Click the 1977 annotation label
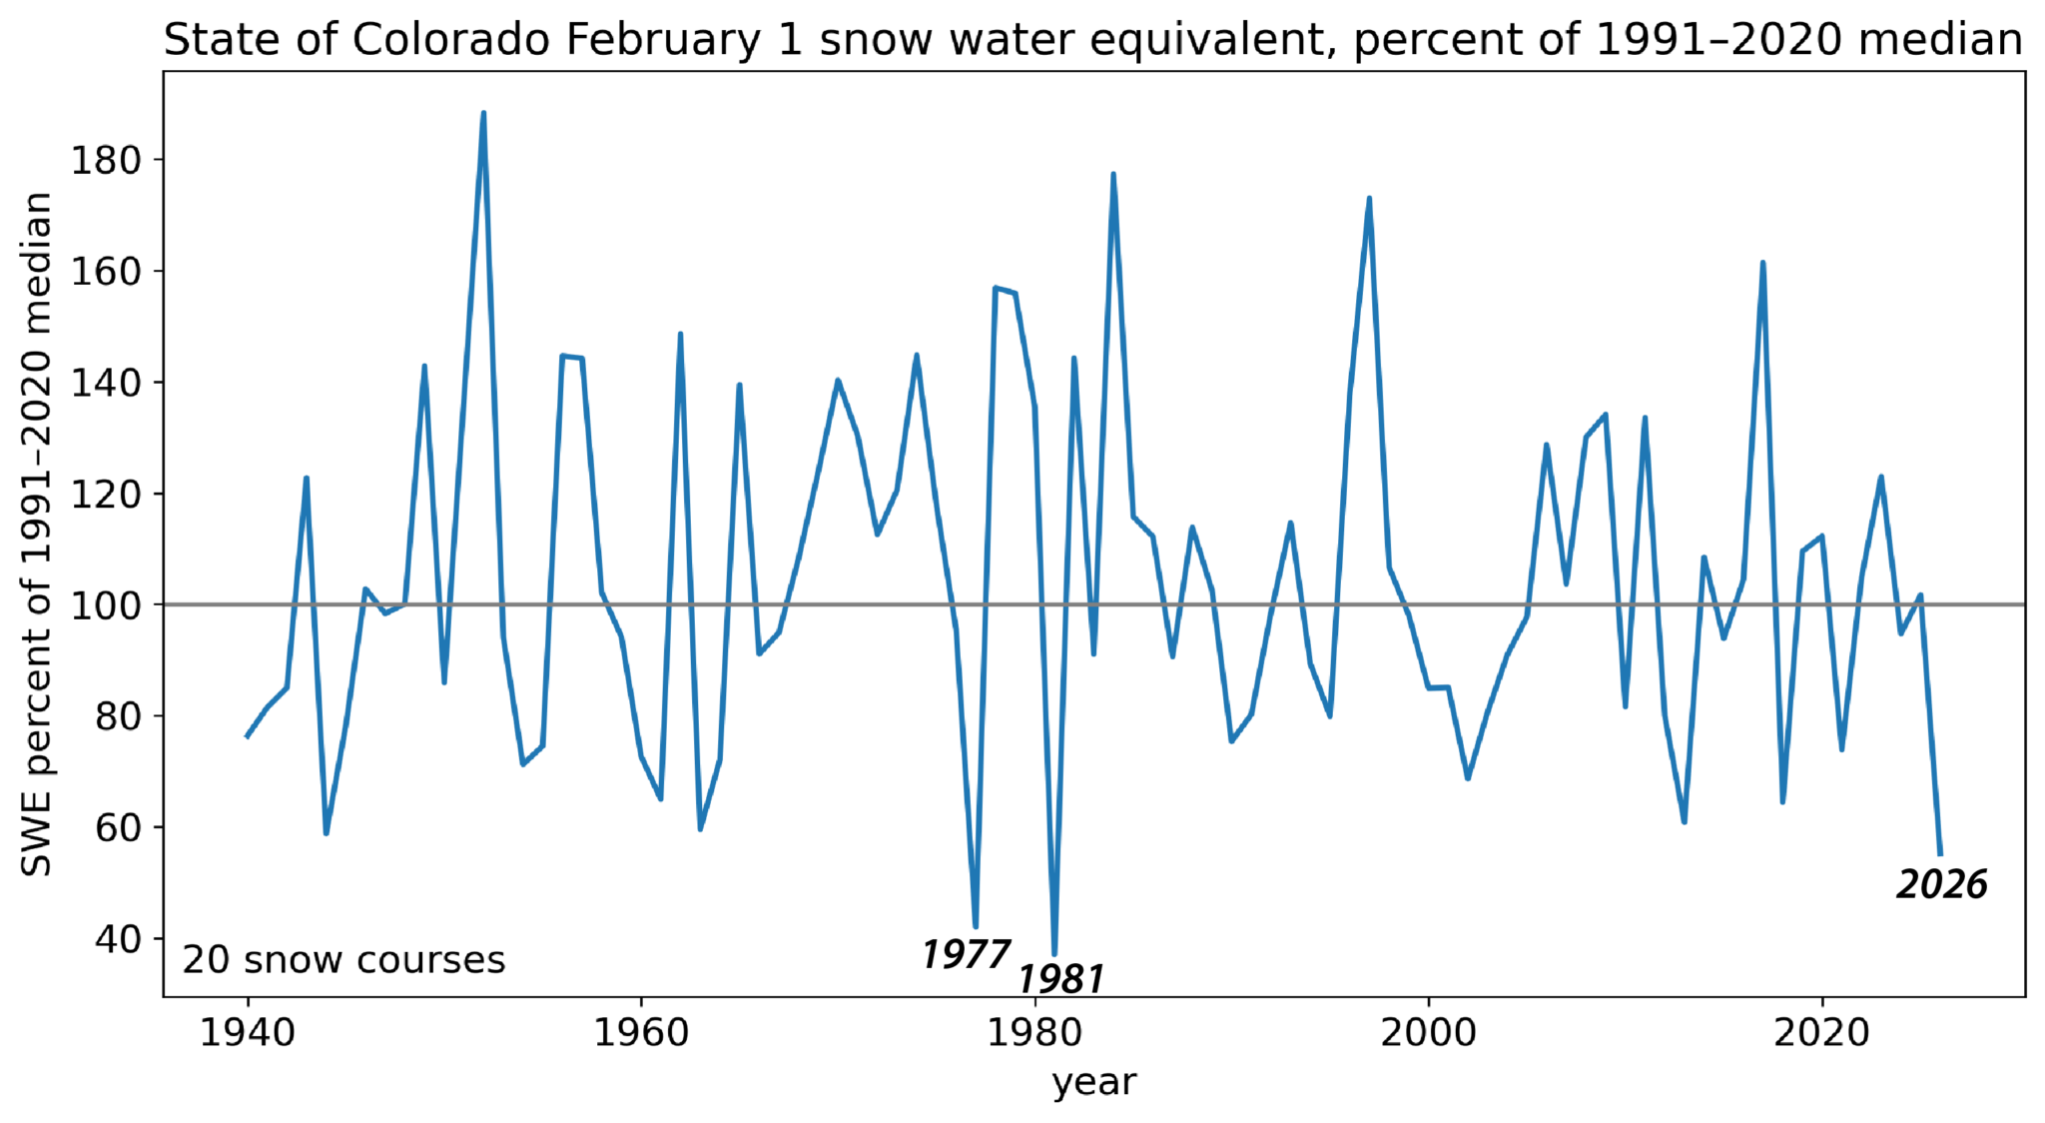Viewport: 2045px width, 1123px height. point(966,955)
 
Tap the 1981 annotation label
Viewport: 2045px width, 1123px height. point(1060,979)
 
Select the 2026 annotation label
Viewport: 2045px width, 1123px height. point(1942,884)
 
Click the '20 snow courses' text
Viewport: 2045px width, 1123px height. point(343,960)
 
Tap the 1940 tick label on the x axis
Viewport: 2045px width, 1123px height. point(248,1033)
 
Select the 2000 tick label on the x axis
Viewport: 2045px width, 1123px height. point(1428,1033)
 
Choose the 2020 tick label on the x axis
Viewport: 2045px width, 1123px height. point(1821,1033)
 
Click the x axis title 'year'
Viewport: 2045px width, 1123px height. point(1094,1082)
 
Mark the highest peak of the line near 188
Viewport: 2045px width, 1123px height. point(483,113)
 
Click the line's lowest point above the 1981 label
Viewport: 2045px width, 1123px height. point(1054,955)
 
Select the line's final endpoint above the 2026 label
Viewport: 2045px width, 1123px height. point(1940,854)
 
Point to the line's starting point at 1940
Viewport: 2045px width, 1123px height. point(247,737)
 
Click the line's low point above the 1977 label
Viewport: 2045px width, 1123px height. point(976,927)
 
